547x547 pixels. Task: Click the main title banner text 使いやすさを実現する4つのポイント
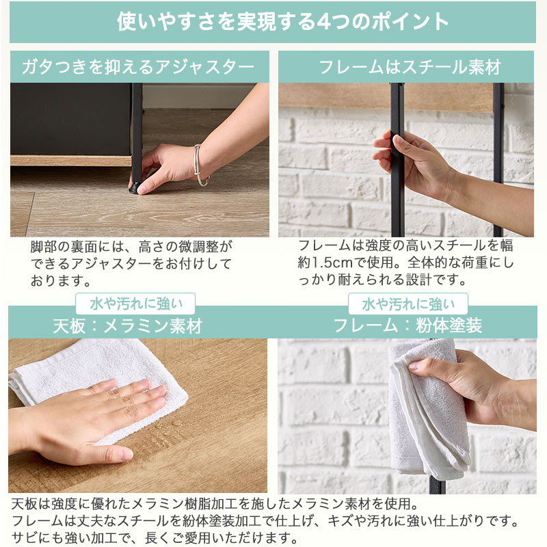(x=282, y=22)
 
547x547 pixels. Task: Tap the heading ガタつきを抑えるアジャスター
(x=138, y=66)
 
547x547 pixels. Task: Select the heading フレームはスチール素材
(x=410, y=67)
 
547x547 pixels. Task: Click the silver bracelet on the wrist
(x=201, y=165)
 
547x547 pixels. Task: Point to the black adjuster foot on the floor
(x=135, y=189)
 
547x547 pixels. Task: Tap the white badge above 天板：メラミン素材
(x=135, y=304)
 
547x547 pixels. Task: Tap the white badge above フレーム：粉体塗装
(x=408, y=304)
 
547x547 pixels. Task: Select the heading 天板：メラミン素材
(x=128, y=326)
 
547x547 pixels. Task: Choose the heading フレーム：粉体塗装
(x=408, y=326)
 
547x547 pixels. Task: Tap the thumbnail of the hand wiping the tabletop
(x=138, y=416)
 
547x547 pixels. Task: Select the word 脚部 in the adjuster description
(x=44, y=247)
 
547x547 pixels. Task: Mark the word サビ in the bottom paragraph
(x=25, y=537)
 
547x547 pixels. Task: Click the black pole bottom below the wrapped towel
(x=438, y=485)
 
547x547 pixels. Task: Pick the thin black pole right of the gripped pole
(x=498, y=160)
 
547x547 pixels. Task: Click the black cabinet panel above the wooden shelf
(x=71, y=119)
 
